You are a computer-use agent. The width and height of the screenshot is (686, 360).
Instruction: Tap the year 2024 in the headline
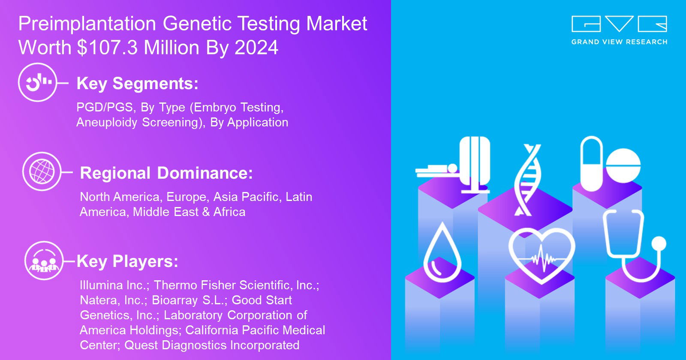(256, 48)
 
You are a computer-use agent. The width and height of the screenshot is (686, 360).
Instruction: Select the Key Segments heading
(138, 84)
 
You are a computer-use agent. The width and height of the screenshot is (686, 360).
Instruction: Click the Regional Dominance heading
(166, 173)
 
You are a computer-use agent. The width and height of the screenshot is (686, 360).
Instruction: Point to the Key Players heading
(127, 261)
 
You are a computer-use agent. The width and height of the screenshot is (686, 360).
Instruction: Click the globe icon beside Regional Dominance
(42, 171)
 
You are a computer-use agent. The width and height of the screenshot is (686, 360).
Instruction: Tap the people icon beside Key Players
(44, 261)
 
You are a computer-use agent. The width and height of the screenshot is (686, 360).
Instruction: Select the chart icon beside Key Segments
(38, 82)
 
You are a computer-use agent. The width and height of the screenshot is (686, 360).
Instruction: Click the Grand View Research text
(619, 42)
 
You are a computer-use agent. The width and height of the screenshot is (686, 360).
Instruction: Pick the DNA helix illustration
(527, 180)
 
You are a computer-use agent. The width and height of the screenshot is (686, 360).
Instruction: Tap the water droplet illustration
(442, 252)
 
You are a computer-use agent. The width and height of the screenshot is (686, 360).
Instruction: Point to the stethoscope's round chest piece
(659, 244)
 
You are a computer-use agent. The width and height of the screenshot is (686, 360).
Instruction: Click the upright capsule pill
(591, 164)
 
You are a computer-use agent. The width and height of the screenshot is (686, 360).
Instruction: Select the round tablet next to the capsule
(623, 165)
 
